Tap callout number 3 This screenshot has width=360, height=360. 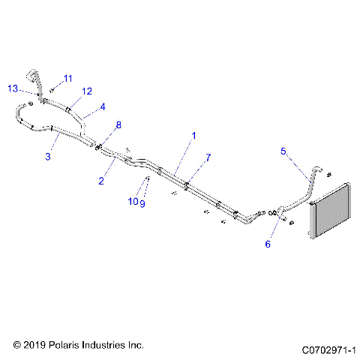point(48,156)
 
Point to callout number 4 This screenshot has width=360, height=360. point(103,106)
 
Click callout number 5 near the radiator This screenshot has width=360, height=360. point(283,151)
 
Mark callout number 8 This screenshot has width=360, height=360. point(117,124)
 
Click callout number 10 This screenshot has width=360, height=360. point(130,202)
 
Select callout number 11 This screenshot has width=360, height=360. point(67,78)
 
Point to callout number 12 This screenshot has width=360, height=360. point(87,91)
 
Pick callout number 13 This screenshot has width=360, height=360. point(13,88)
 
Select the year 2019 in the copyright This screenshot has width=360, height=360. point(34,345)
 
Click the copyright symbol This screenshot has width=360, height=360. point(17,345)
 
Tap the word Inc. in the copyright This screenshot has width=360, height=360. point(135,345)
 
